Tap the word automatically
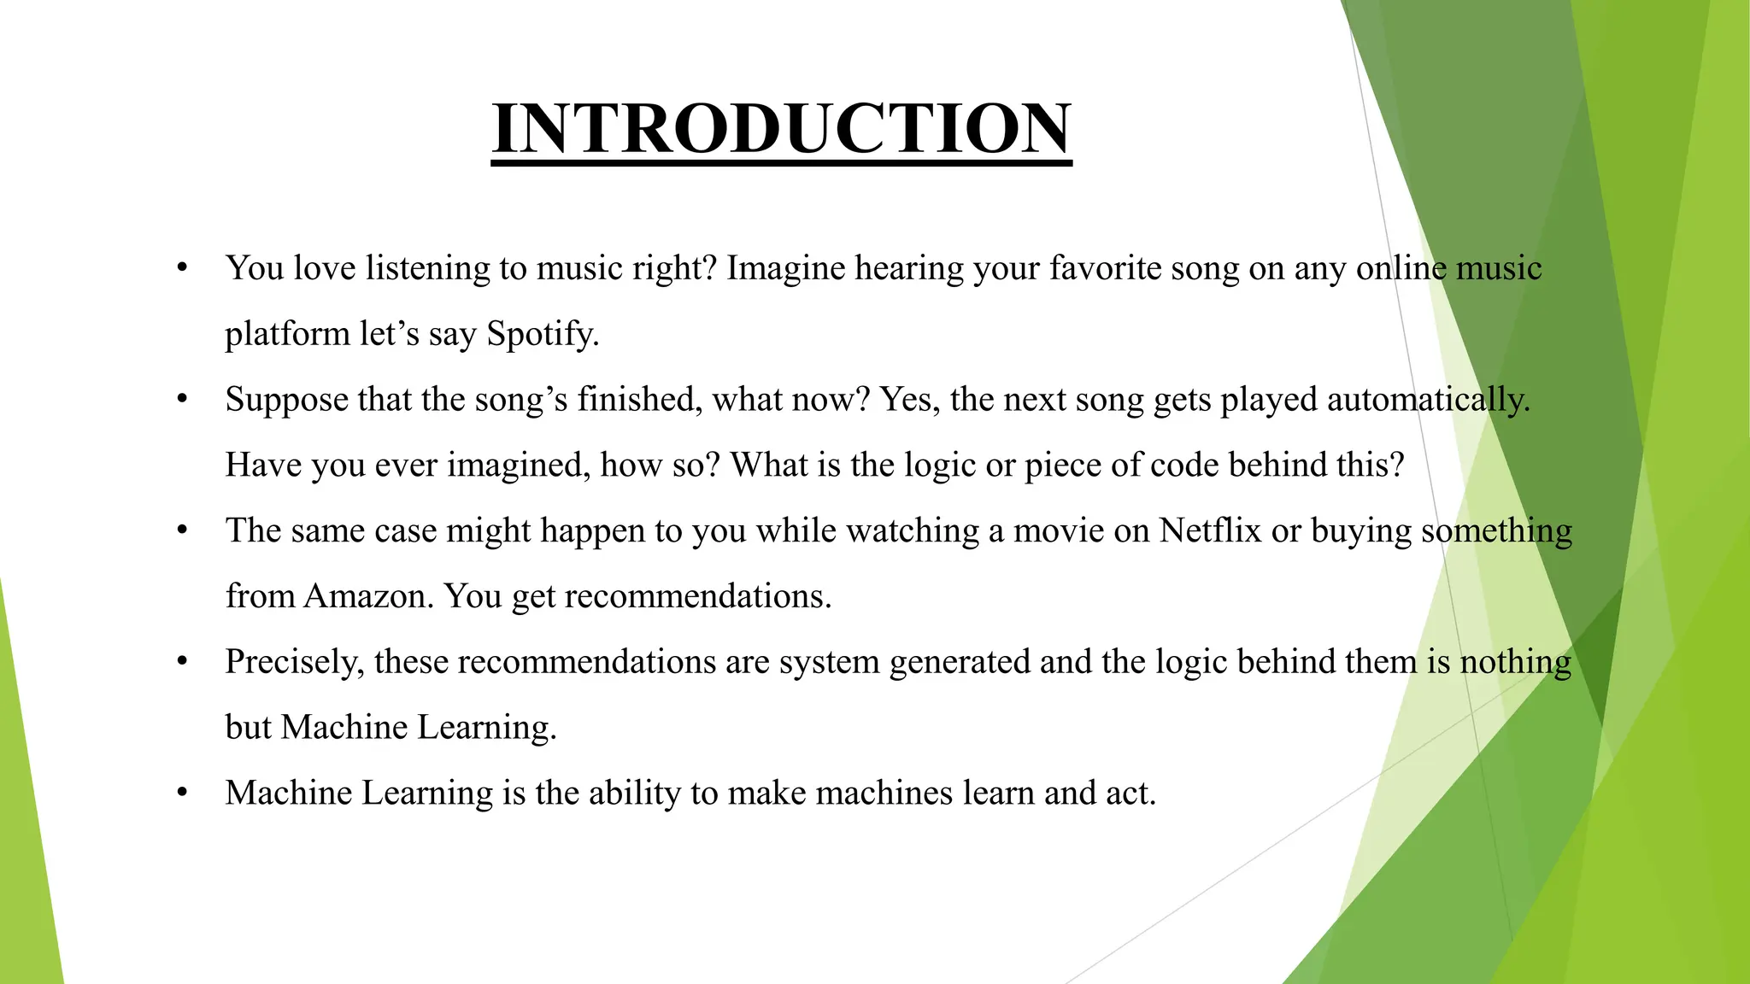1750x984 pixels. [1428, 400]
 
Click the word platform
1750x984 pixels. [287, 334]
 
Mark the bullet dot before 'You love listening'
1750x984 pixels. [181, 268]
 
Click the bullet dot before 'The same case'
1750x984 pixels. [181, 530]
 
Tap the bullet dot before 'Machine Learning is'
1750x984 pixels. [181, 794]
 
